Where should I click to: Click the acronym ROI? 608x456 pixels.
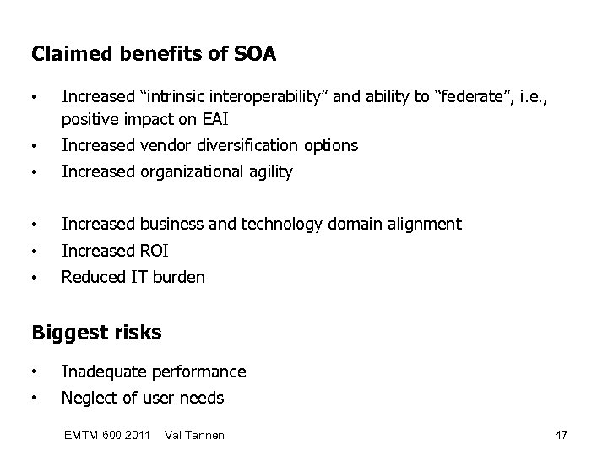click(152, 251)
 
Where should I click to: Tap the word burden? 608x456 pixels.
click(177, 277)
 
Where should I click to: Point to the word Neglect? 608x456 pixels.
click(89, 398)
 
